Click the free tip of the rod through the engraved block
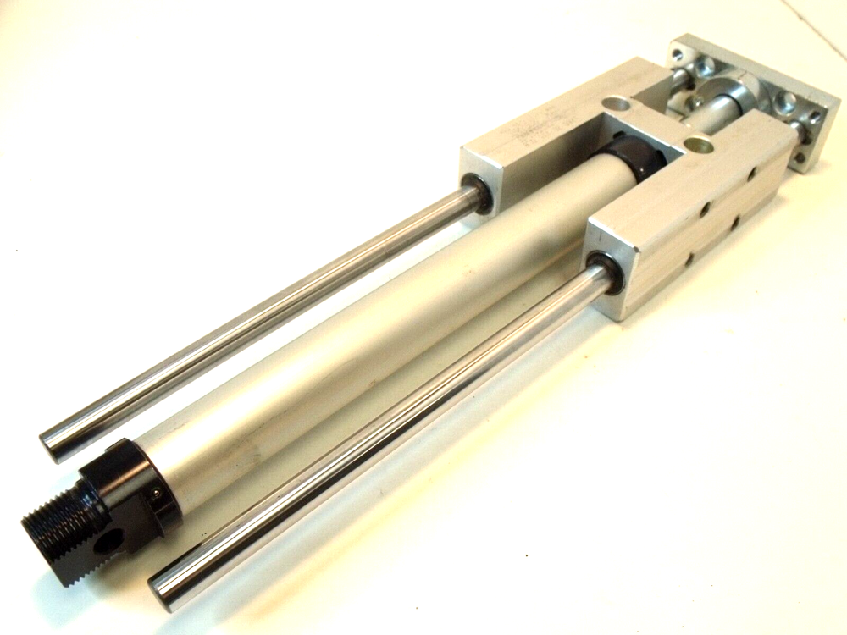coord(53,444)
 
